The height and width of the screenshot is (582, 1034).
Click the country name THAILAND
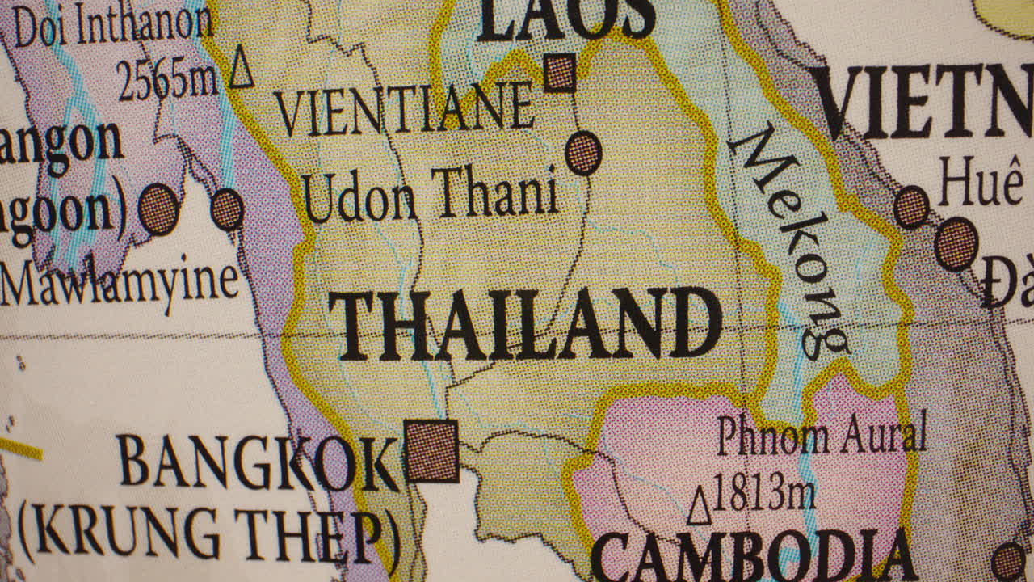525,325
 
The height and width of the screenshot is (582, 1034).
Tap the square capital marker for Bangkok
431,451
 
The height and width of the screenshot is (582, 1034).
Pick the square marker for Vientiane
559,73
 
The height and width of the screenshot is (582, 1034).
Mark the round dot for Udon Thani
583,153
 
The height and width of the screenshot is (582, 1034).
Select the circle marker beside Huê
911,207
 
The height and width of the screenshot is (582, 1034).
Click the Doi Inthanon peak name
113,26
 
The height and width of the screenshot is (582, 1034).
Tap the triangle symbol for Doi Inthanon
241,68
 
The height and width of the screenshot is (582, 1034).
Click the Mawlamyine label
120,283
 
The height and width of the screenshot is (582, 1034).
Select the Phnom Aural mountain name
821,436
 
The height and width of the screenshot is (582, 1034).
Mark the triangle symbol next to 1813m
700,507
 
